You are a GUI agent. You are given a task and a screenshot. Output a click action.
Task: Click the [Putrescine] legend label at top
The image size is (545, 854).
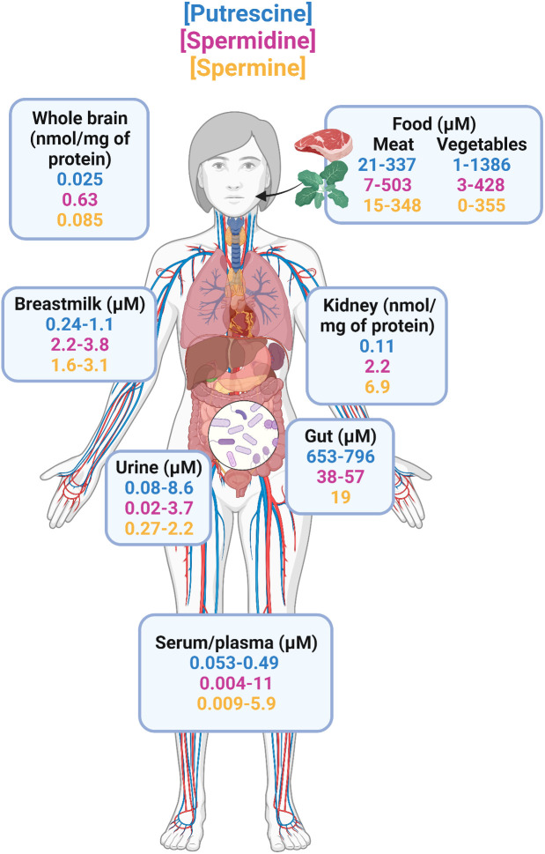point(247,14)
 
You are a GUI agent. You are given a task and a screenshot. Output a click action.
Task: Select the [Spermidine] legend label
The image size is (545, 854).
point(247,41)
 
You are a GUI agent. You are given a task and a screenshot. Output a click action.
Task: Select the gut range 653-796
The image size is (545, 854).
point(339,457)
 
